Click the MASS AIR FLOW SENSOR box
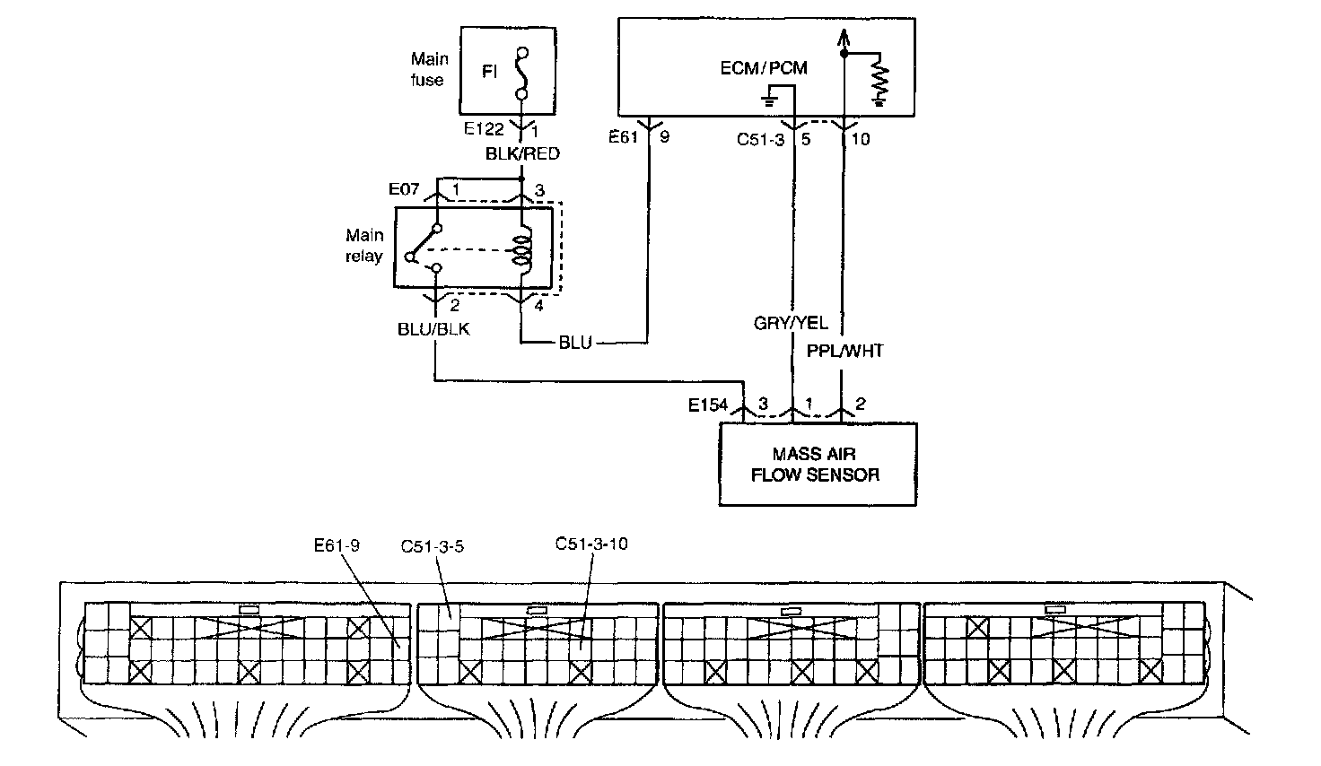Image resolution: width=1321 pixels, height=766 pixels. (x=818, y=465)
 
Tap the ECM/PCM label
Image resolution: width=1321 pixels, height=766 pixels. (x=764, y=68)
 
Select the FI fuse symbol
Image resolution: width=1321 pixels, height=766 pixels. (x=522, y=73)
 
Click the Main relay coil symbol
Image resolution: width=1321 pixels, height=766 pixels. (x=523, y=250)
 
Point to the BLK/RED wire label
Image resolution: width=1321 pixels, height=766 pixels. (x=522, y=153)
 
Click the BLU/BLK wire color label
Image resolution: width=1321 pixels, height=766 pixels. (x=433, y=329)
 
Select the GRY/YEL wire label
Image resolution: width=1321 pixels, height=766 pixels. (x=791, y=323)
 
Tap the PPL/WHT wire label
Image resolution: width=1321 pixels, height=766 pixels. (x=845, y=352)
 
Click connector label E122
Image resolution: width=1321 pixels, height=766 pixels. (x=484, y=129)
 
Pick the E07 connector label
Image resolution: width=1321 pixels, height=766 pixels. (x=404, y=189)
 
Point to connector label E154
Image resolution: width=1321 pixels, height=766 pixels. (x=708, y=405)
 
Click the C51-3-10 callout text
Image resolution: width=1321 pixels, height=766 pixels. (x=591, y=544)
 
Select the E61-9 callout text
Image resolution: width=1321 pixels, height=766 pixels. (x=337, y=545)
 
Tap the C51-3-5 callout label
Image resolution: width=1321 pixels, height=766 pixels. (x=433, y=547)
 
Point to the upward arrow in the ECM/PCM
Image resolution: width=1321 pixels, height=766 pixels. (x=844, y=40)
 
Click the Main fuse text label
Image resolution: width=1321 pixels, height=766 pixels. (x=429, y=70)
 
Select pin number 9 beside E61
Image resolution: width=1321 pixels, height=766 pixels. (x=665, y=137)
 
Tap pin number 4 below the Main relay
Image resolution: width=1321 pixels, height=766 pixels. (x=538, y=306)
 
